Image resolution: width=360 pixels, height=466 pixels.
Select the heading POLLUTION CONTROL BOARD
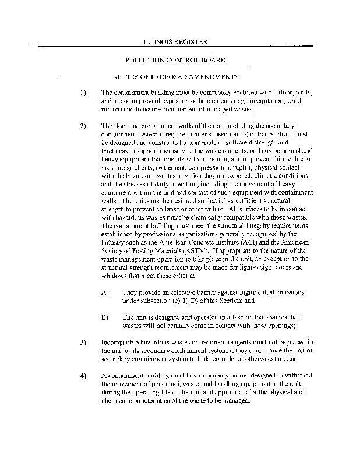pos(176,61)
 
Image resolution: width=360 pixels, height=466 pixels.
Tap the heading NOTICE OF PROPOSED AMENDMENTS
pos(175,76)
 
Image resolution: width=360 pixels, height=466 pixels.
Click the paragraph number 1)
pos(83,93)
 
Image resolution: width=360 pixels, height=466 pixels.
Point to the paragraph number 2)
pos(83,126)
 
